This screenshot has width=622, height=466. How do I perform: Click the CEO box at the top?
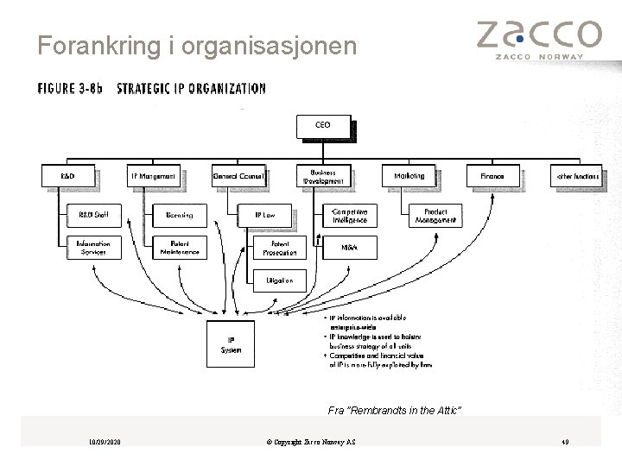point(324,126)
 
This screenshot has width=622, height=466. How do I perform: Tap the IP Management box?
point(155,176)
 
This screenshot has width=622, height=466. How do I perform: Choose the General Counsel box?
point(238,176)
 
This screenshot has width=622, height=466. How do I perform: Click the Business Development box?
point(324,176)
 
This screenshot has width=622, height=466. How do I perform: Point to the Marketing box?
point(409,176)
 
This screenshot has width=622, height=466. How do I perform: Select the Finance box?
point(492,176)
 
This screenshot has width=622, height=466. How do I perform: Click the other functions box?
point(577,176)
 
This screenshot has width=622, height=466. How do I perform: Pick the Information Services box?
point(93,248)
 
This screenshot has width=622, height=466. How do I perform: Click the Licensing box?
point(179,215)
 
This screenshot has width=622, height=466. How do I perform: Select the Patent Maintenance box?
point(179,248)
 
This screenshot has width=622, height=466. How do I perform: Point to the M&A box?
point(349,248)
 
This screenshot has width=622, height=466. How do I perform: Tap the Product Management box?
point(435,215)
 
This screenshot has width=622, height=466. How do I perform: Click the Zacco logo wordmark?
point(538,35)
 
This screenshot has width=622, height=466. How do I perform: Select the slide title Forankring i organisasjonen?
point(197,46)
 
